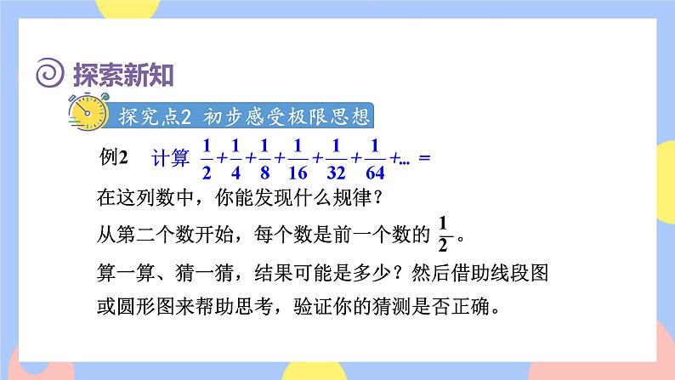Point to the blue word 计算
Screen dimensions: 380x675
(168, 158)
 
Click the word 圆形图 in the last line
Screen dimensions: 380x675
(147, 306)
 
